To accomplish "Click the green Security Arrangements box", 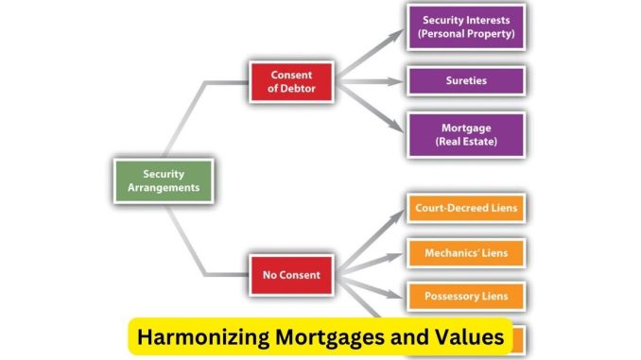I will pyautogui.click(x=163, y=180).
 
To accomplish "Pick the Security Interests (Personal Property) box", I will pyautogui.click(x=465, y=26).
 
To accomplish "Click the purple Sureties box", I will pyautogui.click(x=465, y=81).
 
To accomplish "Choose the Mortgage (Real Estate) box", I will pyautogui.click(x=465, y=134).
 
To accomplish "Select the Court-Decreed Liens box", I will pyautogui.click(x=465, y=208).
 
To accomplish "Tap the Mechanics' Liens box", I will pyautogui.click(x=465, y=252).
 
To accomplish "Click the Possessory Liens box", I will pyautogui.click(x=465, y=296).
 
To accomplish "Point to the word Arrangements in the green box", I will pyautogui.click(x=163, y=187).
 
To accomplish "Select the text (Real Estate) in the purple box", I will pyautogui.click(x=465, y=142).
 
